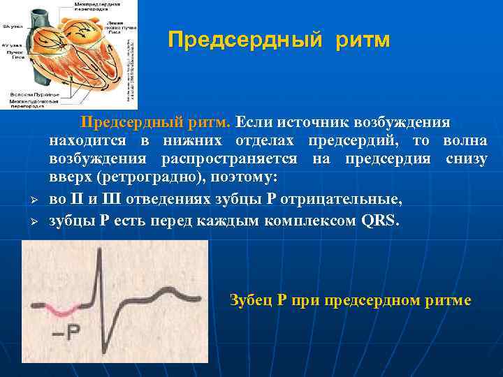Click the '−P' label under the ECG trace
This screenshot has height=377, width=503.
(66, 333)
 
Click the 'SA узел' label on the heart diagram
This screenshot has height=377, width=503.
(12, 26)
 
